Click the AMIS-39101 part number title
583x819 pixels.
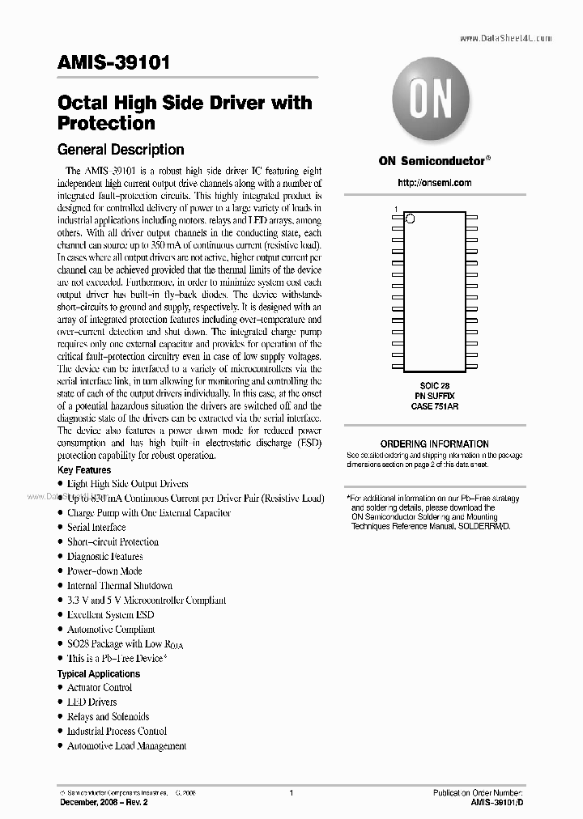tap(113, 64)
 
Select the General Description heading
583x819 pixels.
tap(120, 150)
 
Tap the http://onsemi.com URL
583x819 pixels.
tap(435, 183)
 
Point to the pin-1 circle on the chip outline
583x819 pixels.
tap(410, 218)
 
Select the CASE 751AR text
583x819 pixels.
tap(435, 407)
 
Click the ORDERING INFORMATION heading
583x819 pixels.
tap(435, 443)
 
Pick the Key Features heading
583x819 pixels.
tap(84, 470)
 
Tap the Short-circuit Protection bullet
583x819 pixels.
tap(112, 541)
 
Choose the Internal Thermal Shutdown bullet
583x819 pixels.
tap(119, 585)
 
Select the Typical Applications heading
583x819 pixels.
tap(98, 673)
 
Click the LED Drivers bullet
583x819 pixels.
tap(91, 702)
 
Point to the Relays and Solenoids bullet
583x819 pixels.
tap(108, 716)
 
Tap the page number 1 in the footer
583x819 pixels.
tap(291, 792)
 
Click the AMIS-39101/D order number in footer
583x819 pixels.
tap(497, 801)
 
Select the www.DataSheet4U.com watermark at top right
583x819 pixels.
tap(505, 37)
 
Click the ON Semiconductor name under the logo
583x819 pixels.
tap(432, 160)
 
